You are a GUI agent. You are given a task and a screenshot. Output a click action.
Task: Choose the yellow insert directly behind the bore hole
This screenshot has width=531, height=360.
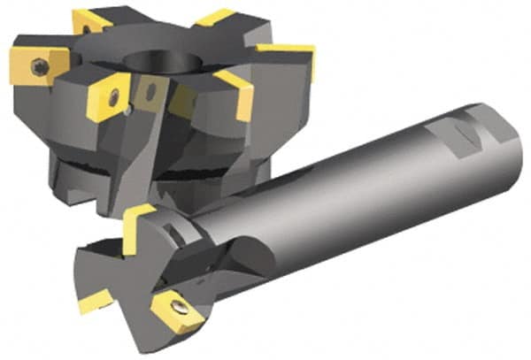[212, 17]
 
